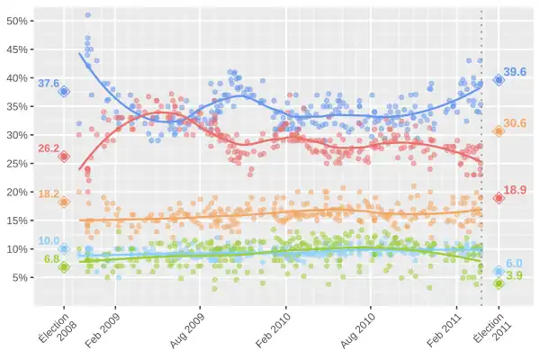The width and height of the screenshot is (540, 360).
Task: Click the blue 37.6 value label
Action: [x=48, y=84]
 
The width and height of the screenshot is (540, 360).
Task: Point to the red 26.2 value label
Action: [x=48, y=148]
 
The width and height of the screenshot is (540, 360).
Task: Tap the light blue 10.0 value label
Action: [x=48, y=241]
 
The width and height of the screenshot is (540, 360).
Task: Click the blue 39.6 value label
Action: [x=516, y=72]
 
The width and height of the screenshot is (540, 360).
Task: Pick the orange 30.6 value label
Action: [x=516, y=123]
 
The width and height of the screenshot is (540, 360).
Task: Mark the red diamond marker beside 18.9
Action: [x=499, y=198]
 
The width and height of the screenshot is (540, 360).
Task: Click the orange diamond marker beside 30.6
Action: [x=499, y=131]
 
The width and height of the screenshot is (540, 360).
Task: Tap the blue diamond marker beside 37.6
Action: [x=64, y=91]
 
